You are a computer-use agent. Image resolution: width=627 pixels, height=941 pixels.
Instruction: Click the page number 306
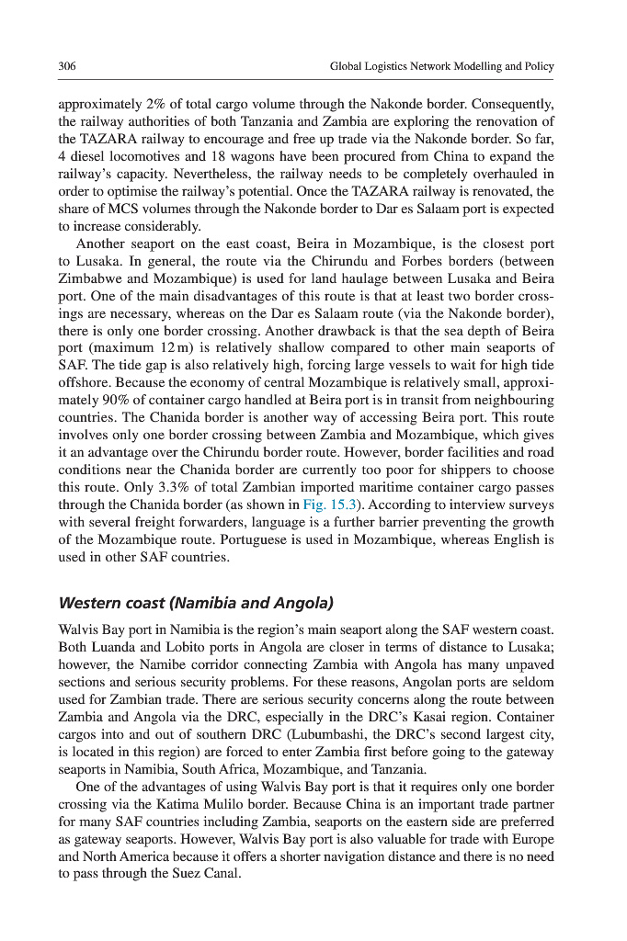[66, 67]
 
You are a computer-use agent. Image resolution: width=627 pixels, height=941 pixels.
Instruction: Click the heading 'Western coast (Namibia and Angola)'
[195, 604]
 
